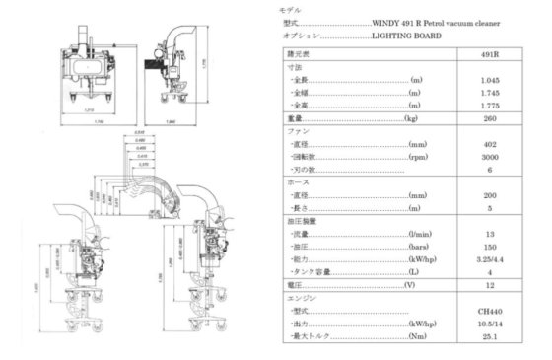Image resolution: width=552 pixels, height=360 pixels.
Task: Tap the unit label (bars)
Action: point(418,248)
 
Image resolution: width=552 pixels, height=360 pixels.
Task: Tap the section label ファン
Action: point(287,130)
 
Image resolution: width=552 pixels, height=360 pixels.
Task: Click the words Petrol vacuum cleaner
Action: point(435,22)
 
